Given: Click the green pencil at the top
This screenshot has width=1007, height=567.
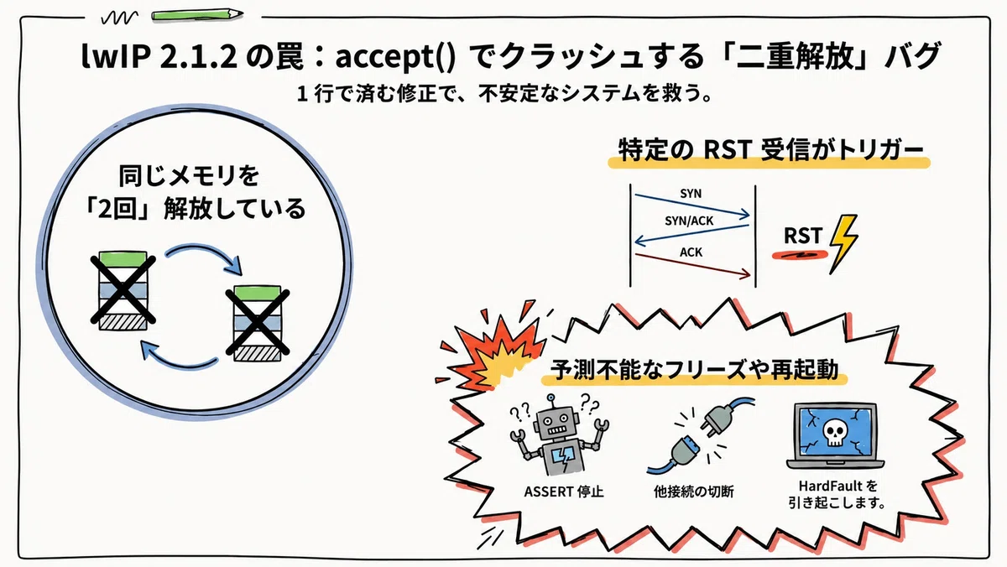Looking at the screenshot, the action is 198,15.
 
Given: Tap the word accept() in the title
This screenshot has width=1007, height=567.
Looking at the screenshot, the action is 395,58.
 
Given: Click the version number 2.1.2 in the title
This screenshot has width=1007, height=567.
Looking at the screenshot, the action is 198,56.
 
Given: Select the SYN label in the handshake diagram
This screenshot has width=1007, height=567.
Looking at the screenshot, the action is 691,194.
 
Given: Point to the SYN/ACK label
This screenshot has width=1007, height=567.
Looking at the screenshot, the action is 689,221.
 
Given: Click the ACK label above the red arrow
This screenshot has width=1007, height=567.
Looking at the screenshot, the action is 691,252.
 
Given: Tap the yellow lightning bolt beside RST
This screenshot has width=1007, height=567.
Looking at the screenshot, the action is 843,243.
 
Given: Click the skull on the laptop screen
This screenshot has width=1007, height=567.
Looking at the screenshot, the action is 835,433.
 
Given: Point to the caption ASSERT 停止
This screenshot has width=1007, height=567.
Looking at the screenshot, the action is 564,492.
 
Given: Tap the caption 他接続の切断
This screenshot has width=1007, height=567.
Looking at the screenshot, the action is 694,492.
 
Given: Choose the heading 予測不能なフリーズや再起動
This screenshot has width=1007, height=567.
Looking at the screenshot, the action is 695,370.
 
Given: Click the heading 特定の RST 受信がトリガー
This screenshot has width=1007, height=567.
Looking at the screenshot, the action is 770,149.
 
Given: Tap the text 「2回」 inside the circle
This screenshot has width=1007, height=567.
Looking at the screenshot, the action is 117,209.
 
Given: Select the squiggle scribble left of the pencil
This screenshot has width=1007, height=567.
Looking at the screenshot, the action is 119,18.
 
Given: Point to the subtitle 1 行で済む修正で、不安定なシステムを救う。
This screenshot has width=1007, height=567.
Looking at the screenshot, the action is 504,94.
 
